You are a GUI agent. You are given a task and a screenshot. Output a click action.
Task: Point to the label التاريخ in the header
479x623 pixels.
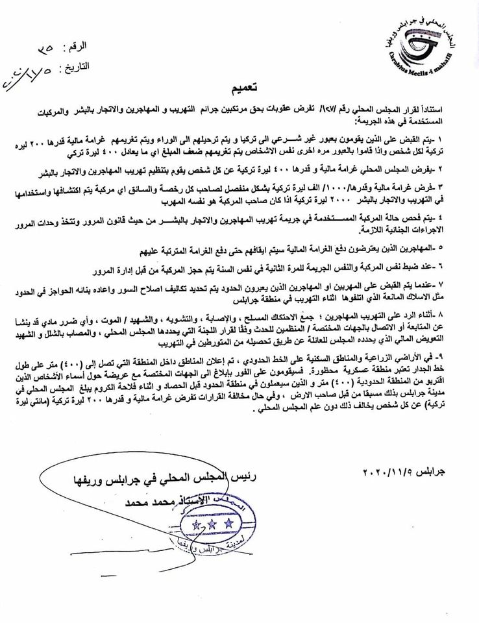[76, 67]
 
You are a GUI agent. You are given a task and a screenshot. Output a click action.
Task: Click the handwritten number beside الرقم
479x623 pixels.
[45, 48]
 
